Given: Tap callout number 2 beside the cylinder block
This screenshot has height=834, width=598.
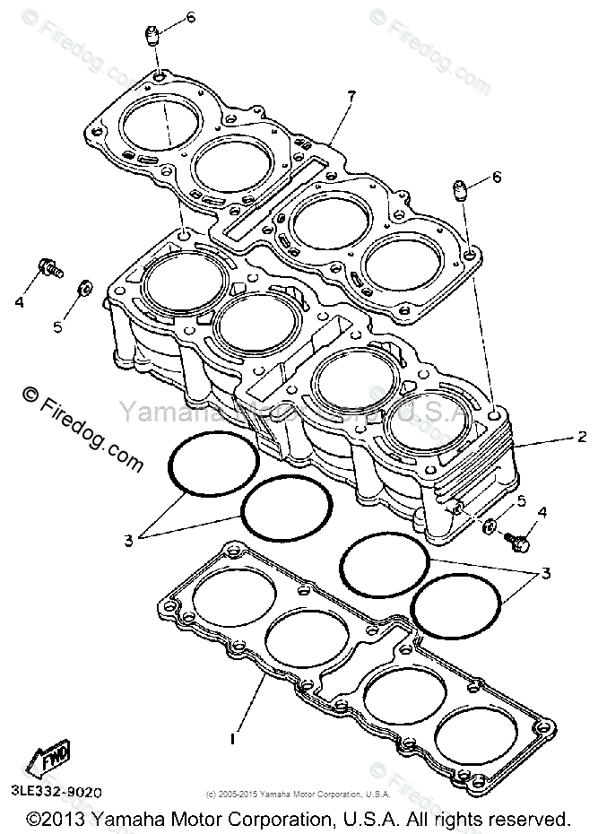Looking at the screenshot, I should (x=581, y=438).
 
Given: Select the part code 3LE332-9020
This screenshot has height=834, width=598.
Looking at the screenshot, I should (x=58, y=793).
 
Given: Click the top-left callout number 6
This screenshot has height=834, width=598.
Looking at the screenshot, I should (x=191, y=18).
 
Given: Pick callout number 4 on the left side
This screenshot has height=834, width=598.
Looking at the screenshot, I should (x=18, y=302).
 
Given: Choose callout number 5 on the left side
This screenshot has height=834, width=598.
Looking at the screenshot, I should (x=57, y=327).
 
